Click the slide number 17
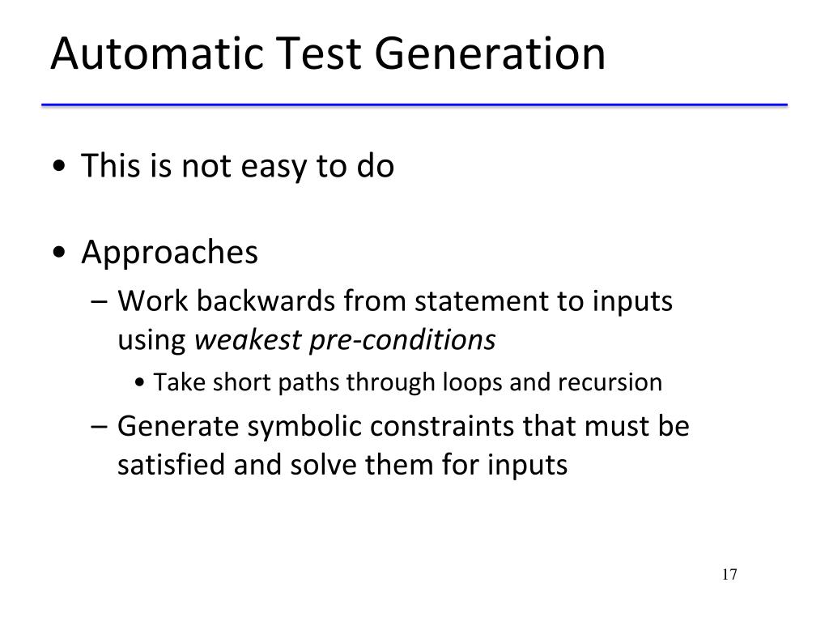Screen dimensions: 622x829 tap(729, 575)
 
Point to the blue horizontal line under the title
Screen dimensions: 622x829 tap(419, 105)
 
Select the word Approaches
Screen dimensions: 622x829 tap(169, 253)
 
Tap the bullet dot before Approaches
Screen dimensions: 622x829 tap(63, 254)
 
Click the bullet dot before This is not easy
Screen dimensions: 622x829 tap(63, 168)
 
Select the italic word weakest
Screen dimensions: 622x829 tap(249, 341)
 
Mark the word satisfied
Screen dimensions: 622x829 tap(168, 466)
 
